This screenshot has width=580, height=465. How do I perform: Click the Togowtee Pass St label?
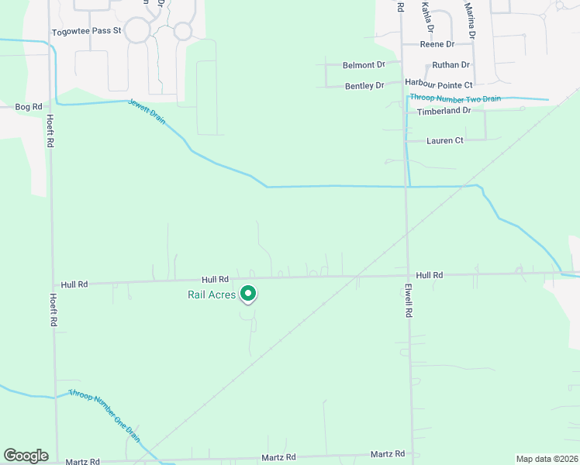point(87,32)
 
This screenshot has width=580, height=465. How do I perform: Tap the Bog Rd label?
point(26,106)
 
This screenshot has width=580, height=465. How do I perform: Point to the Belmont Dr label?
point(364,66)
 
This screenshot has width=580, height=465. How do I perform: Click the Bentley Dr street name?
point(364,85)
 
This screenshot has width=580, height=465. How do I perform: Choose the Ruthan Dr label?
point(451,65)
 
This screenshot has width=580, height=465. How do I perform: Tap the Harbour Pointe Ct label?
point(438,84)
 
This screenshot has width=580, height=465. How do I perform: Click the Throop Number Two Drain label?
point(455,98)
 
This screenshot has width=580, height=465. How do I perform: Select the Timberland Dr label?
point(444,111)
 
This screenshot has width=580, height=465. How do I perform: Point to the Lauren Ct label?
point(444,141)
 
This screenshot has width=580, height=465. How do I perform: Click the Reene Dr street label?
point(437,45)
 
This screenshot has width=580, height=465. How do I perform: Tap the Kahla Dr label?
point(426,16)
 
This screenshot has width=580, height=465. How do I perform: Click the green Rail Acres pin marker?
point(247,294)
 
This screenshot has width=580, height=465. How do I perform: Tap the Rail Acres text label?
point(211,294)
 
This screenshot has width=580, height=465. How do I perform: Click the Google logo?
point(26,456)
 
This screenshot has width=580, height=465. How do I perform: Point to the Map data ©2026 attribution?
point(546,459)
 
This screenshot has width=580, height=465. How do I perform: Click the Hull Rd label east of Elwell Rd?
point(429,275)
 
